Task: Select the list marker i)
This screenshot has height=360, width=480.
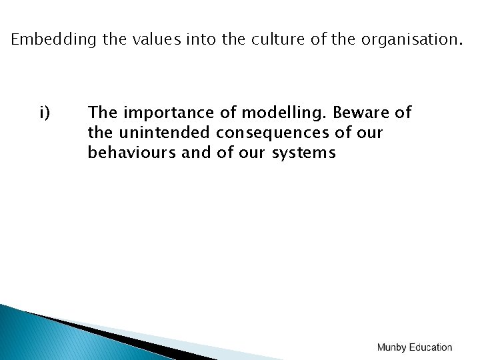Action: click(45, 113)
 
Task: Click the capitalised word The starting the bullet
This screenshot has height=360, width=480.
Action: click(102, 113)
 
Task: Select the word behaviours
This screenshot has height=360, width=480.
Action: click(131, 153)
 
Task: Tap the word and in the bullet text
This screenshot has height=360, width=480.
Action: click(196, 153)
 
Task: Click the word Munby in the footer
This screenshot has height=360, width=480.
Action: click(391, 347)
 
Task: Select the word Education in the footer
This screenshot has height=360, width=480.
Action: click(431, 347)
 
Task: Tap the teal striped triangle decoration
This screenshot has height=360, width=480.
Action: click(40, 337)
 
